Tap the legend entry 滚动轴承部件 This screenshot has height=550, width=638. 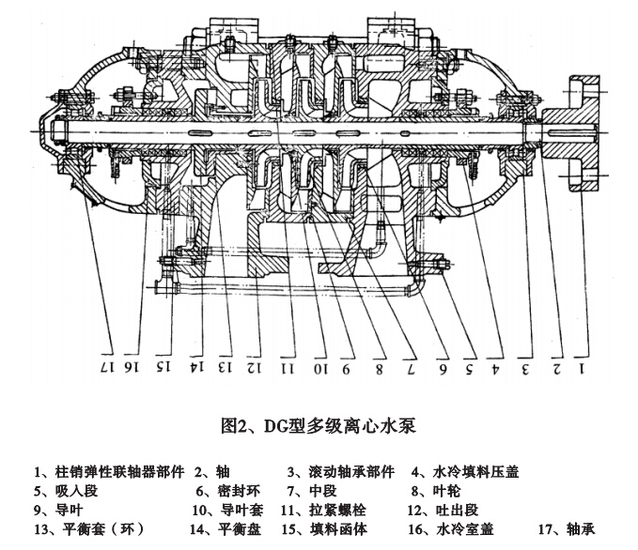[x=339, y=472]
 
